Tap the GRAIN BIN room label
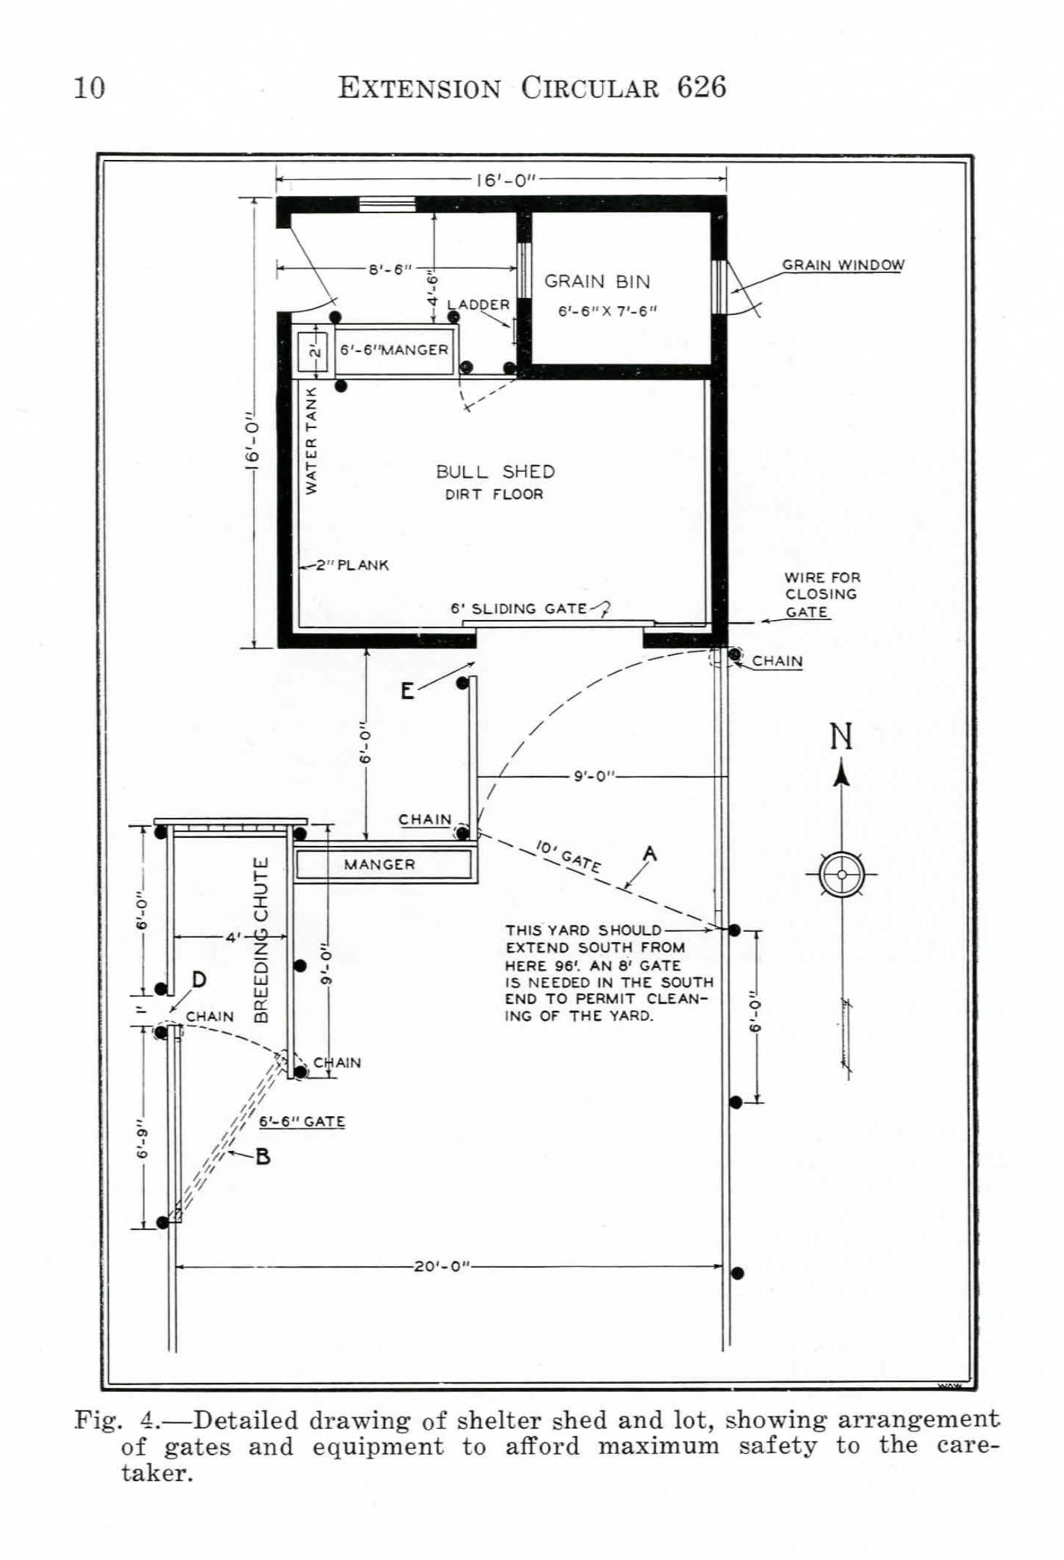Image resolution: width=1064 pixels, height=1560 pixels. pyautogui.click(x=597, y=282)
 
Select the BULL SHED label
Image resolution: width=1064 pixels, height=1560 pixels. pyautogui.click(x=495, y=472)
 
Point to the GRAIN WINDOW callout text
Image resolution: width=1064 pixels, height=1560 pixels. pyautogui.click(x=843, y=265)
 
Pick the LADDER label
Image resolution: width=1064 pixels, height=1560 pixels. pyautogui.click(x=478, y=304)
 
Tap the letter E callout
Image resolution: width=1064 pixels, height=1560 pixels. pyautogui.click(x=407, y=692)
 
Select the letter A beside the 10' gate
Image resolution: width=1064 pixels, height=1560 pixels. pyautogui.click(x=650, y=853)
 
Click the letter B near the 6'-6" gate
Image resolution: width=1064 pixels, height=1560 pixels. pyautogui.click(x=263, y=1156)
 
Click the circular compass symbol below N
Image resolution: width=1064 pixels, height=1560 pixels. pyautogui.click(x=842, y=874)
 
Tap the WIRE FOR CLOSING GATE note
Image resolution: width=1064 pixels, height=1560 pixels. pyautogui.click(x=821, y=594)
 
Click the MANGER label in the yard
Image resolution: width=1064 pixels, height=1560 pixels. pyautogui.click(x=379, y=864)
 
